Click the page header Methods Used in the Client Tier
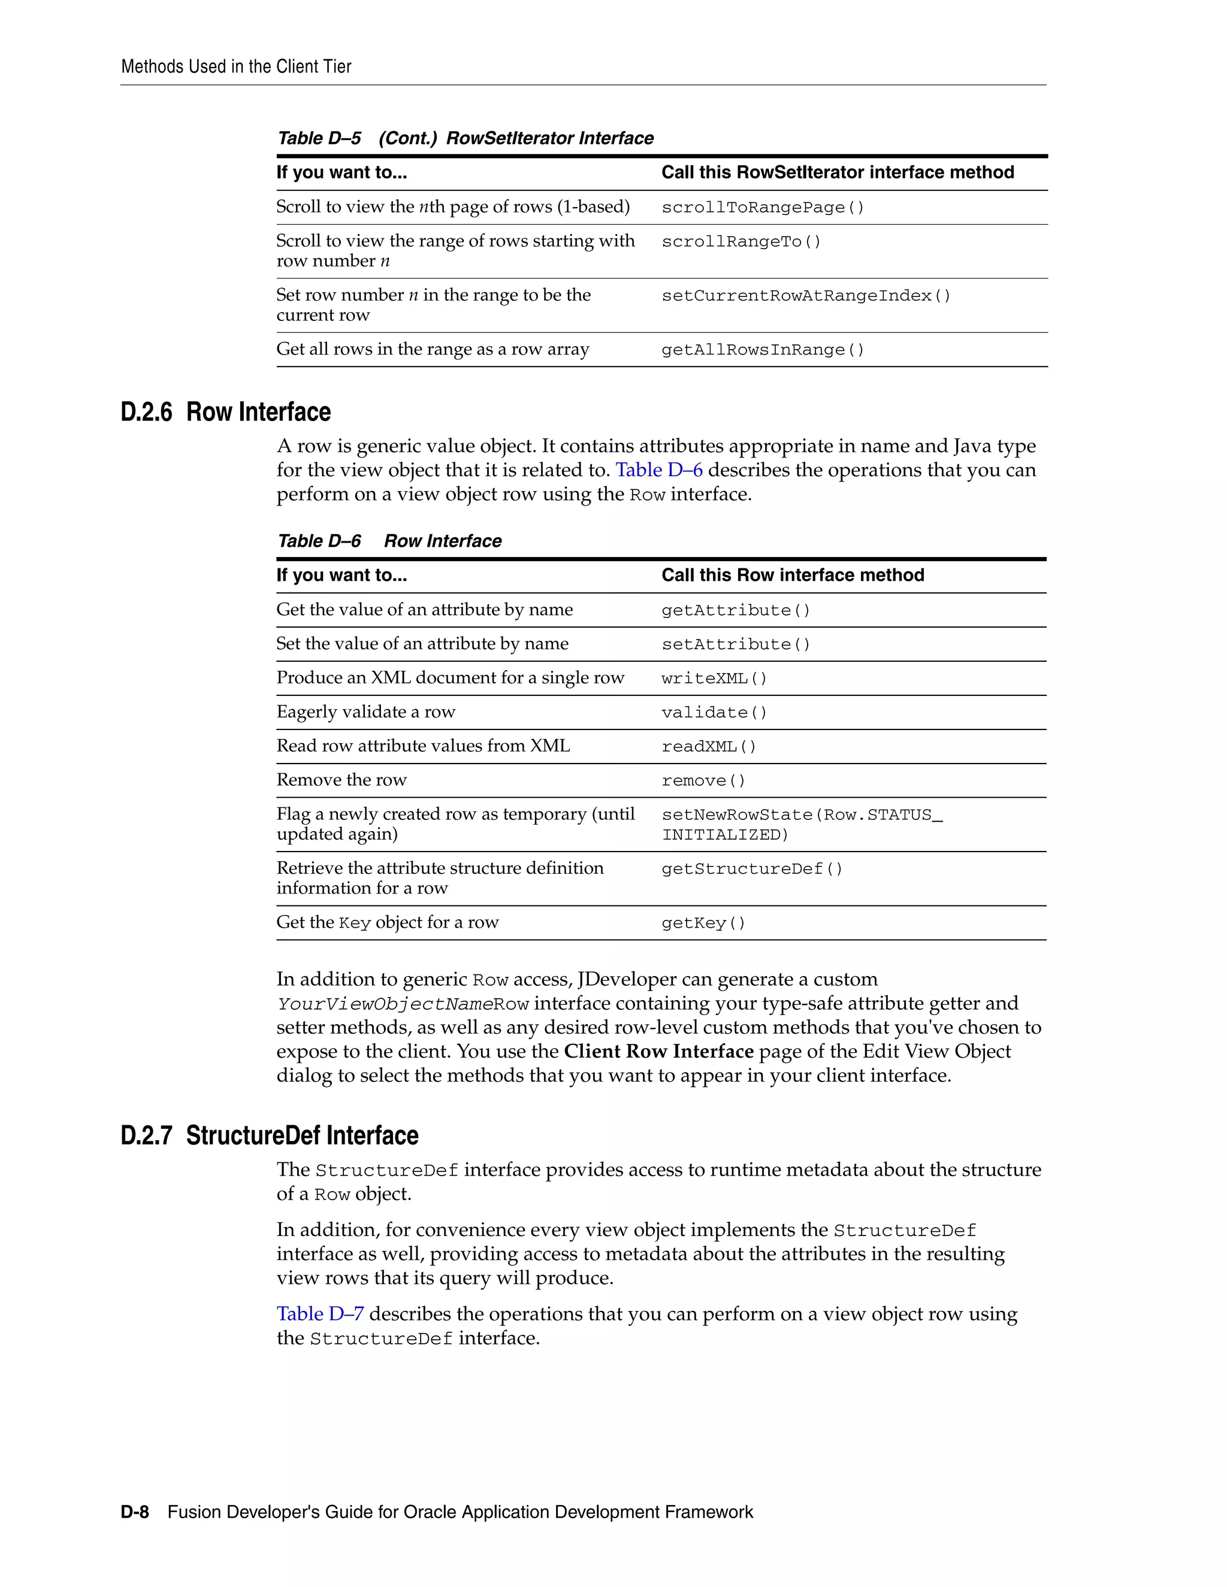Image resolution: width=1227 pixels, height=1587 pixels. click(235, 67)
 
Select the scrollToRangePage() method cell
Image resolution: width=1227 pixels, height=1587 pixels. click(763, 207)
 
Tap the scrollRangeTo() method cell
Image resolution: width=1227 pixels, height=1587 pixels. click(741, 241)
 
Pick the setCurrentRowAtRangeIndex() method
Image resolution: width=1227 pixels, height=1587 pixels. click(805, 296)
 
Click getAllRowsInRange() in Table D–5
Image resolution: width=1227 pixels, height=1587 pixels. click(763, 350)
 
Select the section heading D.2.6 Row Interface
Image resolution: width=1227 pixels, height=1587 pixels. click(225, 412)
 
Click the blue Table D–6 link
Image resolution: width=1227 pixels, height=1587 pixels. click(658, 470)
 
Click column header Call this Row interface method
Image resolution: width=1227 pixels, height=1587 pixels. click(792, 575)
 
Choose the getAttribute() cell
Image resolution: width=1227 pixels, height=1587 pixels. click(735, 610)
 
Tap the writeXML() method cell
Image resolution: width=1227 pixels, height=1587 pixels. click(714, 678)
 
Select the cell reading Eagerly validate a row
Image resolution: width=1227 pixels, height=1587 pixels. click(365, 712)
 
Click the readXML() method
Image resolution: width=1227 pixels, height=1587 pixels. click(709, 746)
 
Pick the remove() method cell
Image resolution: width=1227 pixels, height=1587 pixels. click(703, 780)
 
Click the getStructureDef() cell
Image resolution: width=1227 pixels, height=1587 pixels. click(752, 869)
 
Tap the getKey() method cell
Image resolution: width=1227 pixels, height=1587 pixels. click(703, 923)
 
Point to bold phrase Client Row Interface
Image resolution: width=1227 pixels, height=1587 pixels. click(658, 1052)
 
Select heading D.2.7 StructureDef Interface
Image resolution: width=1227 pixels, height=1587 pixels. click(269, 1135)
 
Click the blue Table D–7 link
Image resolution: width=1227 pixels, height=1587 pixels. click(320, 1314)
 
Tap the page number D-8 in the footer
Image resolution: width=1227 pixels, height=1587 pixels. click(134, 1512)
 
